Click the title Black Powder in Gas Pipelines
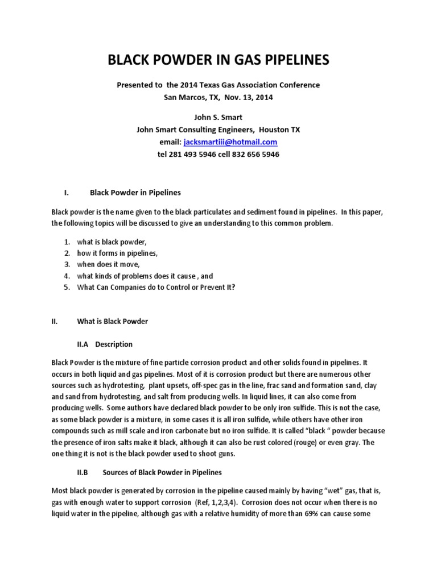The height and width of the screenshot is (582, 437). point(218,60)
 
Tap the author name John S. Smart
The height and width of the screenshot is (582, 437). point(218,118)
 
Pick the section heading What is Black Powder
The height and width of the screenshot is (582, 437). point(112,321)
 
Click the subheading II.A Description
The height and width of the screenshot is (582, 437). point(105,344)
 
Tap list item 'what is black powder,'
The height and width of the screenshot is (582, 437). point(112,242)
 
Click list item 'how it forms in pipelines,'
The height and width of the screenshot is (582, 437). point(117,253)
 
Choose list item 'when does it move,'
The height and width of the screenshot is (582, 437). point(108,264)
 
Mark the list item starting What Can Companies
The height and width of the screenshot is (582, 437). point(156,287)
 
